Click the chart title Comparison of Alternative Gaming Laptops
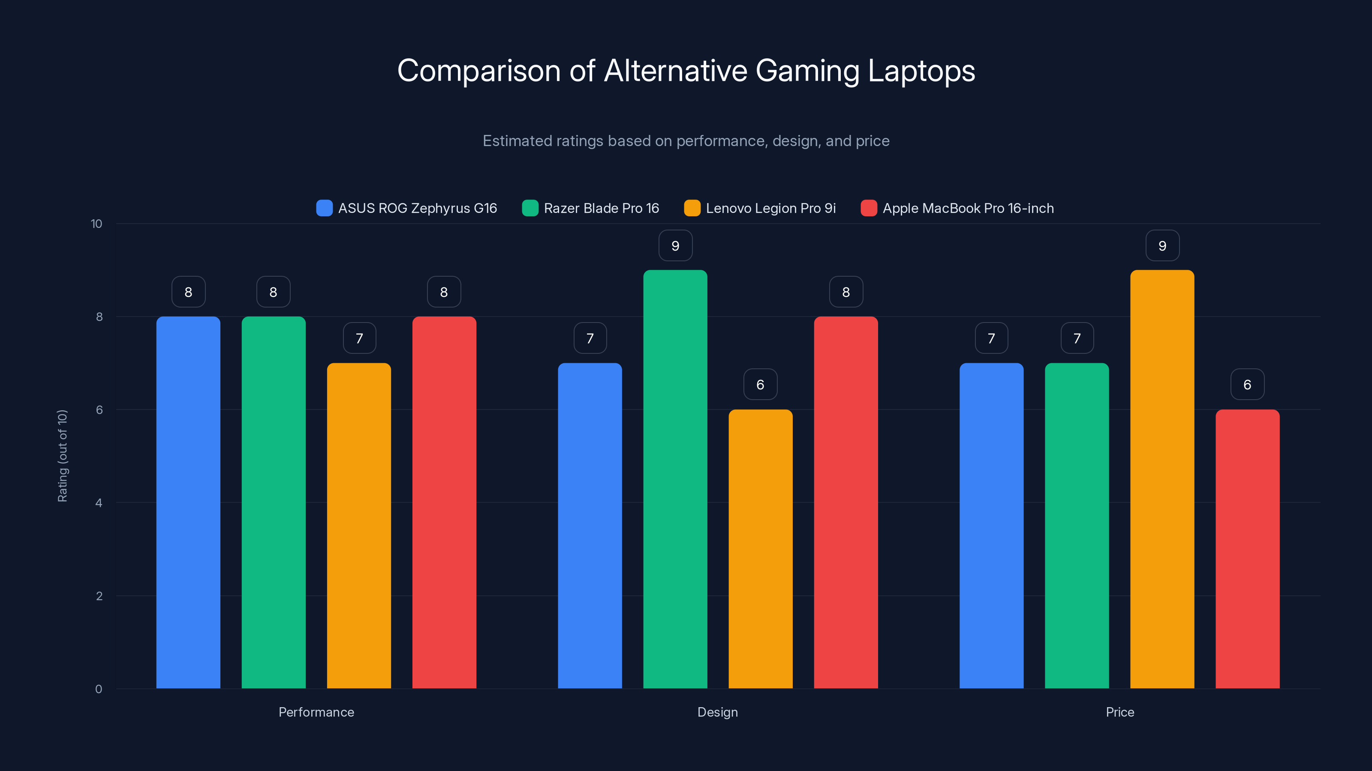click(686, 71)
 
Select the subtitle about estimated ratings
click(686, 141)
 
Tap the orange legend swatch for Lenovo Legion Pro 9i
click(692, 208)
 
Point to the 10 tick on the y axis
click(96, 224)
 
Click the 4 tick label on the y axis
click(99, 503)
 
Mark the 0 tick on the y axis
click(99, 689)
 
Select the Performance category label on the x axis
click(316, 712)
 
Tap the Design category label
click(717, 712)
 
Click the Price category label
click(1119, 712)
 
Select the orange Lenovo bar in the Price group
click(1162, 479)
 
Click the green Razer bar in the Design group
click(675, 479)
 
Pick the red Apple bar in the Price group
click(1247, 548)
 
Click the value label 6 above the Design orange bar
click(760, 384)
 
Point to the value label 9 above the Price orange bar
click(1162, 245)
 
